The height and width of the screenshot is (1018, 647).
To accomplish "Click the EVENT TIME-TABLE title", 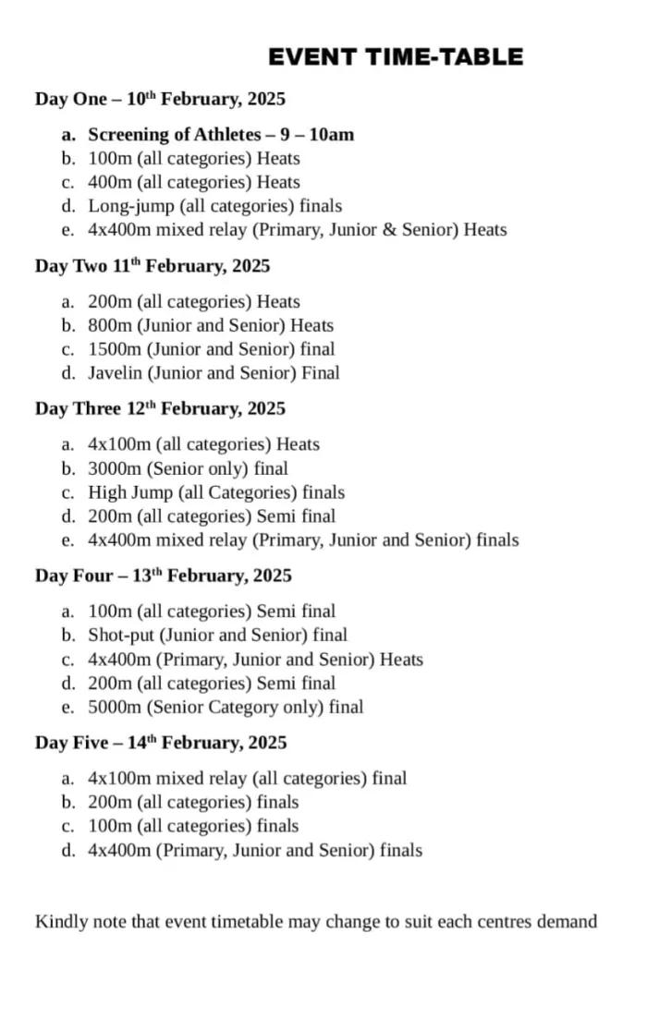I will click(x=396, y=57).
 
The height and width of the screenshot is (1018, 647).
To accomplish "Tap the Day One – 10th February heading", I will click(x=160, y=99).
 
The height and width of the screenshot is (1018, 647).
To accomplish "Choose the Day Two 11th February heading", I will click(x=153, y=266).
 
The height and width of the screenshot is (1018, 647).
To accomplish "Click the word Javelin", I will click(x=115, y=373).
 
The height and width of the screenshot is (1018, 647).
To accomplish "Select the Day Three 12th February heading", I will click(x=160, y=408).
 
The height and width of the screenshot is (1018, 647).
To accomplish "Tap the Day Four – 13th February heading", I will click(x=164, y=576).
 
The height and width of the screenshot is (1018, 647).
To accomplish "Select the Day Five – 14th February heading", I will click(x=162, y=743).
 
